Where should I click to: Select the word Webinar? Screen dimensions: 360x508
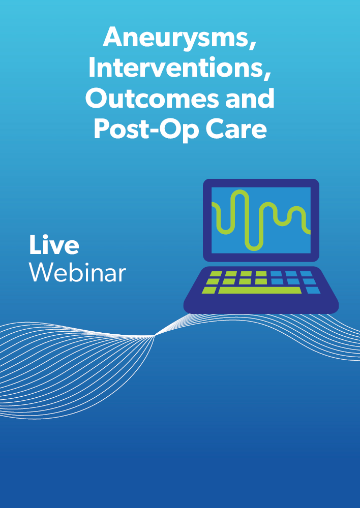click(x=77, y=272)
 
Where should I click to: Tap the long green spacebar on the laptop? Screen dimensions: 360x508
click(x=260, y=290)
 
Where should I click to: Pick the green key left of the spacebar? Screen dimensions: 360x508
click(x=209, y=290)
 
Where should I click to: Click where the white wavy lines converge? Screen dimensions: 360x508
click(x=155, y=336)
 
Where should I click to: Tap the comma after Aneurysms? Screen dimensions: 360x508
click(x=252, y=47)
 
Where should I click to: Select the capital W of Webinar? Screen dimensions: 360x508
click(x=43, y=272)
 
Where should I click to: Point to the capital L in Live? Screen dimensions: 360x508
click(x=35, y=245)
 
